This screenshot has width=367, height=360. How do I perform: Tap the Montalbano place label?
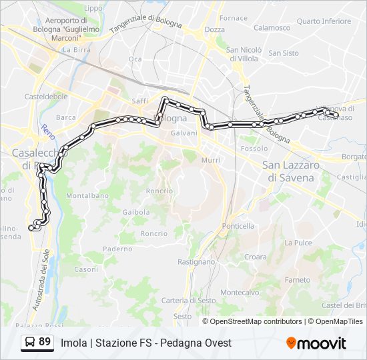[87, 195]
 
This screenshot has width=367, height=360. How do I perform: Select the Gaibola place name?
[136, 212]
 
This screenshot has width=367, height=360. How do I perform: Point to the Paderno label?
[118, 249]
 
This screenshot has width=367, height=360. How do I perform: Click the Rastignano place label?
[197, 262]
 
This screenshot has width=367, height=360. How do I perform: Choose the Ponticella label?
[239, 226]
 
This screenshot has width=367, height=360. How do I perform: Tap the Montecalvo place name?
[240, 293]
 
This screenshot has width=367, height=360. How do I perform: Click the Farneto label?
[298, 279]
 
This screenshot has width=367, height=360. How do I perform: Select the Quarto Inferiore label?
[324, 21]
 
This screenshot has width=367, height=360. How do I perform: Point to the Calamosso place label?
[272, 28]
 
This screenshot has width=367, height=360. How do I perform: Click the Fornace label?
[234, 17]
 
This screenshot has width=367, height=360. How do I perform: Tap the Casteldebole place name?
[46, 96]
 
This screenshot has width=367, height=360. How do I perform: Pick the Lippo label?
[93, 8]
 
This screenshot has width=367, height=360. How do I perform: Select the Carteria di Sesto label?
[189, 301]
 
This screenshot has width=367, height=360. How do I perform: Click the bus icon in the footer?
[29, 343]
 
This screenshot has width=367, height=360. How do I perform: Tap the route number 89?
[45, 342]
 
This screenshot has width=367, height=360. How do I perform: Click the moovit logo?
[316, 343]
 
